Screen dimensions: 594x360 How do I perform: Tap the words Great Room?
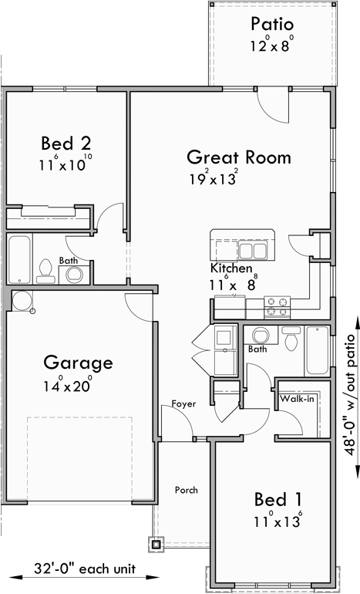(x=239, y=157)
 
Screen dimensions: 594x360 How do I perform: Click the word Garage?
(x=78, y=362)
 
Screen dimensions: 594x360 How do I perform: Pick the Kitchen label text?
(x=231, y=268)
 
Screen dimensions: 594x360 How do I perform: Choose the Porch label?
(x=186, y=490)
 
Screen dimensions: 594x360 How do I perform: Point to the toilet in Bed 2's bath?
(x=45, y=269)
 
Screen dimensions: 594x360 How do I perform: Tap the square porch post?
(x=156, y=544)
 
